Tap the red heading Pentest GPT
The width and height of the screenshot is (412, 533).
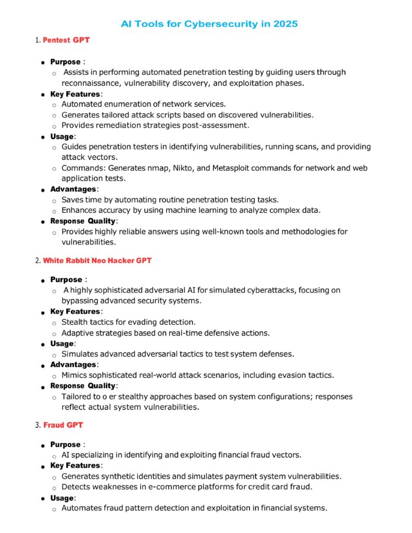click(66, 40)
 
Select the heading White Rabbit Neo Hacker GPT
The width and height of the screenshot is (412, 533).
click(97, 260)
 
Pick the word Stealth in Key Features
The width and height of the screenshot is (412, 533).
click(74, 322)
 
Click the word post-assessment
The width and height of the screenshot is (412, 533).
click(215, 125)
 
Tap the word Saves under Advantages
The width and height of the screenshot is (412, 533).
click(72, 200)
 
